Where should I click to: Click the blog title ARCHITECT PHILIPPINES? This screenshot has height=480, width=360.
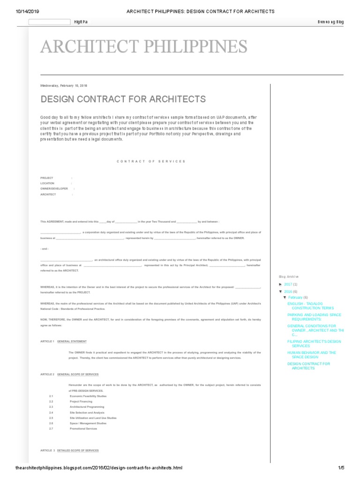tap(144, 46)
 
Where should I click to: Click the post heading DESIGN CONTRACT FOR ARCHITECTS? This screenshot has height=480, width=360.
tap(123, 99)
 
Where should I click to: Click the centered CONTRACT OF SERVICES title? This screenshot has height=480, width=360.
tap(151, 161)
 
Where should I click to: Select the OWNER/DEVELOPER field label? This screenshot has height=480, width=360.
tap(54, 188)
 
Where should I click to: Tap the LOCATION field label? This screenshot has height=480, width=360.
tap(47, 183)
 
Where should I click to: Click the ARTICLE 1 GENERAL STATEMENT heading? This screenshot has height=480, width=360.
tap(63, 341)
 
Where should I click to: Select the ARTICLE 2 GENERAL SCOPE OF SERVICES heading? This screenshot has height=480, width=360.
tap(69, 375)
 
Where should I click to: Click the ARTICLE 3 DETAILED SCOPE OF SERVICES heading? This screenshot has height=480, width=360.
tap(69, 450)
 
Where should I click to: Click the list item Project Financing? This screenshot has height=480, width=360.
tap(81, 402)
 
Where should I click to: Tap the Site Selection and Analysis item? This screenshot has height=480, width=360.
tap(87, 412)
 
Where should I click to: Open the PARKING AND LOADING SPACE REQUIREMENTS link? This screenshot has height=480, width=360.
tap(314, 317)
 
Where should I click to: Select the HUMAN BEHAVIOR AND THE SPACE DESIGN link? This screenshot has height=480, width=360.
tap(311, 355)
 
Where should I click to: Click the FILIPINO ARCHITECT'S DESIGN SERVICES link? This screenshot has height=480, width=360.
tap(314, 344)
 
